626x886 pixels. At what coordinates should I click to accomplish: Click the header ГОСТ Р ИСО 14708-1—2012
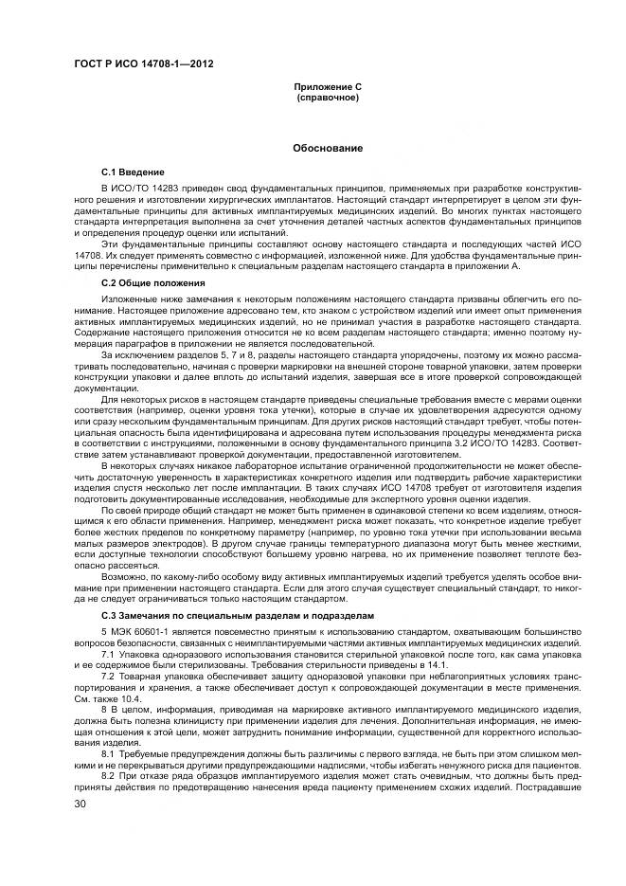click(x=143, y=63)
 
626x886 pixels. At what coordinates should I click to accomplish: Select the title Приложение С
click(x=328, y=87)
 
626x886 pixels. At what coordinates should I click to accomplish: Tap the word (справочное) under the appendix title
click(x=328, y=98)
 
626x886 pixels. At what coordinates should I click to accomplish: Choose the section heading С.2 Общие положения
click(x=150, y=283)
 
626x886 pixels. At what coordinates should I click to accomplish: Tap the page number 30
click(x=80, y=803)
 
